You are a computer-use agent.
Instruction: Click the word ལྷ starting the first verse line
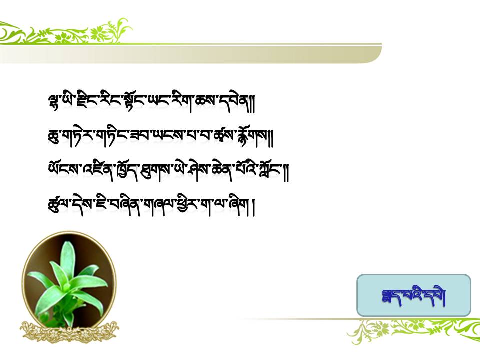tap(54, 102)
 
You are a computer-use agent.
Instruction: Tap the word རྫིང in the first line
tap(83, 101)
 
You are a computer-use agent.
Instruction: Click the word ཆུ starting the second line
tap(53, 137)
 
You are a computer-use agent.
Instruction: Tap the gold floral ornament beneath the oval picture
tap(70, 332)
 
